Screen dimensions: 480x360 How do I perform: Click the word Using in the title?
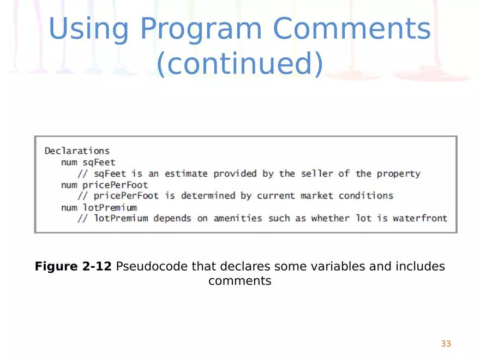[x=88, y=29]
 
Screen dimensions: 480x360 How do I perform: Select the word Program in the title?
[x=201, y=29]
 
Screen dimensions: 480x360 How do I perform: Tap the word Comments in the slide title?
[x=352, y=28]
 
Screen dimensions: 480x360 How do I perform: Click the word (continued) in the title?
[x=240, y=64]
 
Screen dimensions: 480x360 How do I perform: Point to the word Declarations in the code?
[x=77, y=151]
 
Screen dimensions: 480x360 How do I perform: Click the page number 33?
[x=446, y=344]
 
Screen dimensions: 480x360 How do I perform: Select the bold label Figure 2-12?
[x=73, y=266]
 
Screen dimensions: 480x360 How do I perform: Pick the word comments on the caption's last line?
[x=240, y=281]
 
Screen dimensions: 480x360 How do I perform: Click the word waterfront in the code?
[x=421, y=218]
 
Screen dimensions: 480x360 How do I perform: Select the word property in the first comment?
[x=399, y=174]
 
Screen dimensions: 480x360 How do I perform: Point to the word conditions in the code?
[x=366, y=196]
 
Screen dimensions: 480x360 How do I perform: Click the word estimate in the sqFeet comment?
[x=186, y=174]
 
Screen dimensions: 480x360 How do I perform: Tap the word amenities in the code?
[x=238, y=218]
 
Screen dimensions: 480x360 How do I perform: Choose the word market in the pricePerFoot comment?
[x=317, y=196]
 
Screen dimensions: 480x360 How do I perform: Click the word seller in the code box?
[x=317, y=173]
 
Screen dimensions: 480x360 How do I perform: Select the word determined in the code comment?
[x=208, y=196]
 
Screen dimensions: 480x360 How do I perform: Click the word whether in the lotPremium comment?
[x=331, y=218]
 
